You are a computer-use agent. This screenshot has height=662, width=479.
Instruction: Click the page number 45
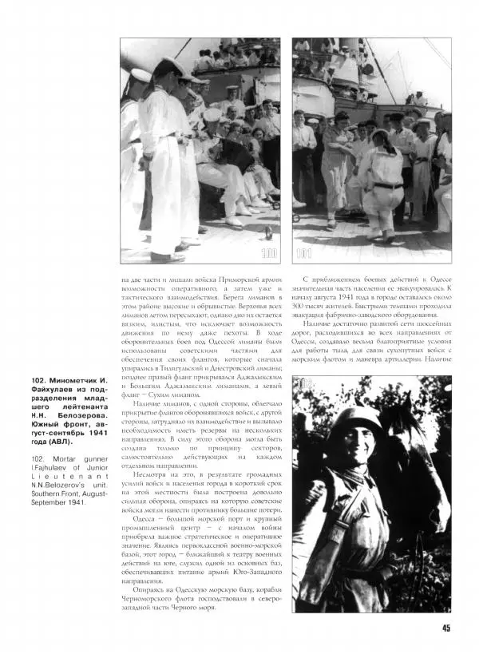446,627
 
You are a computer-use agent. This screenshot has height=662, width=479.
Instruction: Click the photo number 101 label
304,254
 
